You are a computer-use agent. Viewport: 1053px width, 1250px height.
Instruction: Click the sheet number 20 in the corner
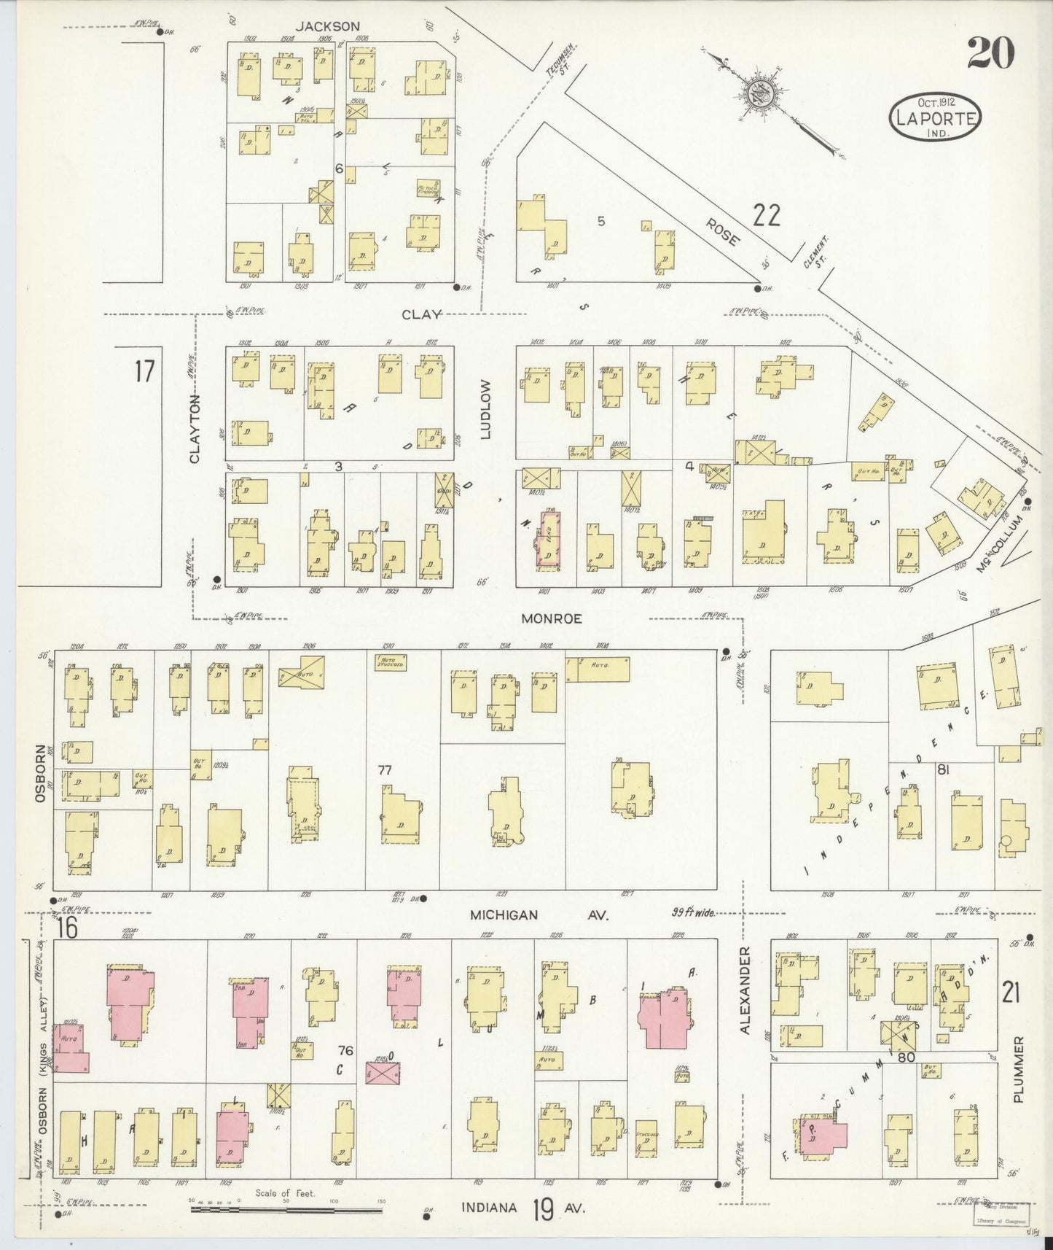coord(990,54)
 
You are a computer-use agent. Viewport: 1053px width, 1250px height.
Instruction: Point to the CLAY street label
coord(422,314)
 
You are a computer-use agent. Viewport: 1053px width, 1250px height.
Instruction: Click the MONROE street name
coord(552,618)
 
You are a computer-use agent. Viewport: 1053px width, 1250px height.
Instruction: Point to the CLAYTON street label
coord(195,429)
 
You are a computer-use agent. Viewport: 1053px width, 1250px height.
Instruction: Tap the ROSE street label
coord(722,231)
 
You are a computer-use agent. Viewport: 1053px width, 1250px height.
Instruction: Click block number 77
coord(385,769)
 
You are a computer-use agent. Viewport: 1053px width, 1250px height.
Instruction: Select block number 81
coord(943,769)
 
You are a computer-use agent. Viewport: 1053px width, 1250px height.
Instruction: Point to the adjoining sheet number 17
coord(144,371)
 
